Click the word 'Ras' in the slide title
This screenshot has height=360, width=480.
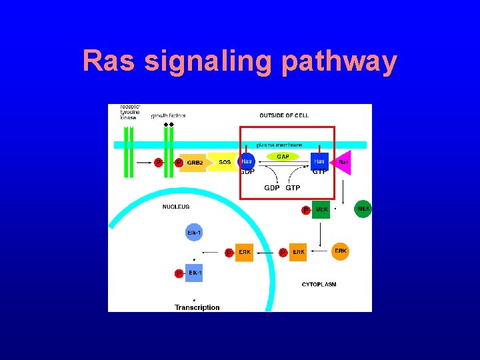[x=109, y=62]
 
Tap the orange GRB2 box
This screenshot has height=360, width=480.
[x=195, y=162]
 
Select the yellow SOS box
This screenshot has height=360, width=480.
[x=225, y=162]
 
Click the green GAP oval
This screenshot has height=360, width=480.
[x=283, y=157]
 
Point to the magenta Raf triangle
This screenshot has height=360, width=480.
[x=342, y=162]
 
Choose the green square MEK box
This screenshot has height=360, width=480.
[x=321, y=209]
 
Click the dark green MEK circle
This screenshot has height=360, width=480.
[x=363, y=209]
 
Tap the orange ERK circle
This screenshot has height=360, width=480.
[x=340, y=251]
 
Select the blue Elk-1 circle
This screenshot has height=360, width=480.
[x=194, y=233]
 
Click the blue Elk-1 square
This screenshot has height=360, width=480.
[x=195, y=273]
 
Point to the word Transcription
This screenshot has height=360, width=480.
[x=197, y=307]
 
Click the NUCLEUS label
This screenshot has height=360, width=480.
[x=176, y=207]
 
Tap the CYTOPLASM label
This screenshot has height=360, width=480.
[x=319, y=285]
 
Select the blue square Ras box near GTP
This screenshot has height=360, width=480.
[x=319, y=162]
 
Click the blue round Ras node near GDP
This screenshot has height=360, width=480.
[x=247, y=162]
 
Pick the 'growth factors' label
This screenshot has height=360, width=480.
[x=168, y=116]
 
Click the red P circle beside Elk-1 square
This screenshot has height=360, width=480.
[x=179, y=273]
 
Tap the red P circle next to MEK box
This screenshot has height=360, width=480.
[x=305, y=210]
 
